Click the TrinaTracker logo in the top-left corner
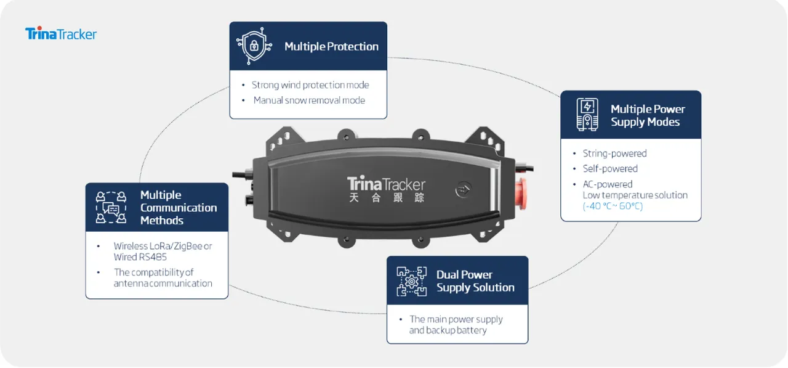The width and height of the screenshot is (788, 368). click(x=61, y=33)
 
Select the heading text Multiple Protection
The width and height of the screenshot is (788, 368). click(x=331, y=46)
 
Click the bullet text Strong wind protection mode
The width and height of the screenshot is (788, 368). click(x=310, y=85)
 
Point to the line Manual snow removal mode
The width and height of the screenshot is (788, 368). click(x=309, y=100)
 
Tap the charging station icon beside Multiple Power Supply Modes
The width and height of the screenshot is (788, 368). click(x=587, y=115)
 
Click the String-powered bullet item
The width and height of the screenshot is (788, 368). click(x=614, y=153)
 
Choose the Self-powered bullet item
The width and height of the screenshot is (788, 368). click(x=610, y=169)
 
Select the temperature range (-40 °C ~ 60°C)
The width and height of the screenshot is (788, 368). click(x=613, y=206)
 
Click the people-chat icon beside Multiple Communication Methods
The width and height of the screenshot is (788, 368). click(x=111, y=207)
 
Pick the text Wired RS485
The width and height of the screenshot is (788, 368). click(x=131, y=257)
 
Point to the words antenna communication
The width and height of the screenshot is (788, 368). click(x=163, y=284)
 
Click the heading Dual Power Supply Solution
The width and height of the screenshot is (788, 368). click(x=475, y=281)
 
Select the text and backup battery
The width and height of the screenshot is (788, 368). click(x=448, y=330)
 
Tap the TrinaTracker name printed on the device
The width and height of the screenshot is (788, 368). click(x=386, y=184)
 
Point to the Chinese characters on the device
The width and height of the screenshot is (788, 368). click(x=386, y=198)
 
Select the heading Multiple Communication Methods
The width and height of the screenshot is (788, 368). click(x=179, y=208)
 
